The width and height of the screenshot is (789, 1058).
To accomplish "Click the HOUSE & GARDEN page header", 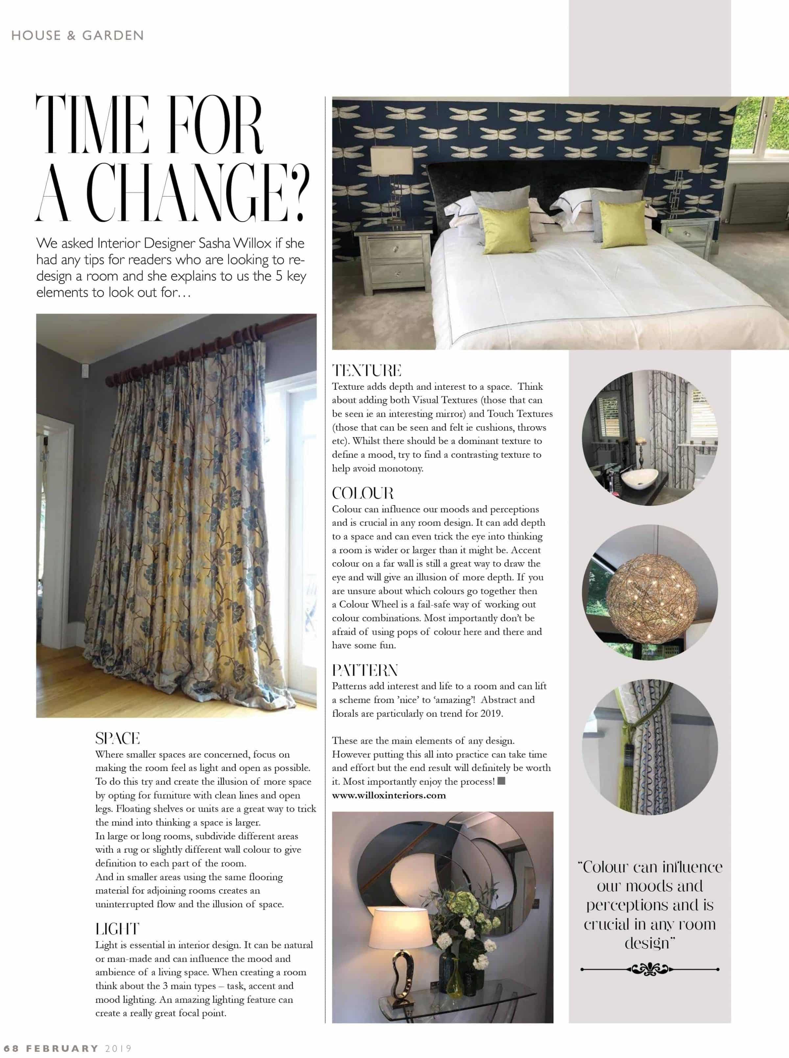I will coord(77,35).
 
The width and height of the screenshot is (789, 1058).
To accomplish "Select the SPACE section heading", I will coord(117,738).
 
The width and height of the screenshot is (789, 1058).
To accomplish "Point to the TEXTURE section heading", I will coord(367,371).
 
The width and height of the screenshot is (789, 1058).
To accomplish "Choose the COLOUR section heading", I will coord(363,493).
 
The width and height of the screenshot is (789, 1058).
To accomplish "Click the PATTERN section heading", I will coord(365,670).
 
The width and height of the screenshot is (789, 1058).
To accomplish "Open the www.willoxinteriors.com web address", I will coord(389,795).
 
